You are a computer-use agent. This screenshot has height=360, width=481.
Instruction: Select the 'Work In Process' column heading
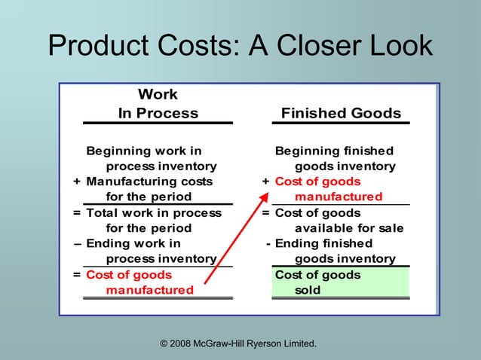(x=158, y=104)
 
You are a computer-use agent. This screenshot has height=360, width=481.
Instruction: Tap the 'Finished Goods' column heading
(x=341, y=113)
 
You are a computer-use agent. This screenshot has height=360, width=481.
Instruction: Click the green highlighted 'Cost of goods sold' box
(x=341, y=282)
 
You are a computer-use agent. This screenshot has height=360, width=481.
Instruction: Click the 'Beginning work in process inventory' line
(x=151, y=158)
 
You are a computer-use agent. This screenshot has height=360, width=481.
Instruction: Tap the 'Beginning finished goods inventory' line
(x=335, y=158)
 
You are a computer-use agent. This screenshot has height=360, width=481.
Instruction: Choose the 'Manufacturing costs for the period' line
(x=149, y=189)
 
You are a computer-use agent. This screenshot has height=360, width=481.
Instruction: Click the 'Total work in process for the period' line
(x=153, y=220)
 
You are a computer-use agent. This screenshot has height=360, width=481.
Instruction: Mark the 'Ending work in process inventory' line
(x=150, y=251)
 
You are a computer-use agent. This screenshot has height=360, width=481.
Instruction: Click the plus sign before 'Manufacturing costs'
(x=77, y=182)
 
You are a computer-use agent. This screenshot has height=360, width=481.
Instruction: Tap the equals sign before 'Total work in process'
(x=77, y=212)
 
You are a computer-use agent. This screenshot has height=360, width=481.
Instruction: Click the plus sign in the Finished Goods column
(x=265, y=182)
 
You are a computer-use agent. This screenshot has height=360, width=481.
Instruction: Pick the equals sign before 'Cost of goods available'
(x=266, y=212)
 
